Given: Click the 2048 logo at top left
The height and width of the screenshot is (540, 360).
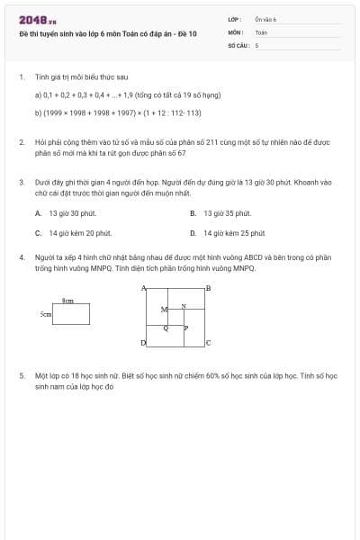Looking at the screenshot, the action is point(37,20).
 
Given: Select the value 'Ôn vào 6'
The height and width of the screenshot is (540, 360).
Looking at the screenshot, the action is point(266,19).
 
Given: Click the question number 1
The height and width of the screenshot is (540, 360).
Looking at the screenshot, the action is point(21,77).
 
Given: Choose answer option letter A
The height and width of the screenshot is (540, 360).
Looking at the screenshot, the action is point(38,213).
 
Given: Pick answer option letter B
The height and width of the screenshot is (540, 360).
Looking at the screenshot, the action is point(193,213).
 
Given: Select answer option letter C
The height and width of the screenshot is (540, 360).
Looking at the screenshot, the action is point(38,232).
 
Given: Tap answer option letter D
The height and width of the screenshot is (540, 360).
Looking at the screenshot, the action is point(193,232).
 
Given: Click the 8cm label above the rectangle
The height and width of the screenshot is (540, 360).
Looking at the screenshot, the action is point(67,300).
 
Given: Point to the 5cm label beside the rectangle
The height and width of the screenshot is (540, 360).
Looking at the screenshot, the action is point(46,315).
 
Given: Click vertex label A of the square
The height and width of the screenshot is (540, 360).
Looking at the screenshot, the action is point(144,288).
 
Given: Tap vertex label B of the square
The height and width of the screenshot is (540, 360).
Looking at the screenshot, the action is point(208,288).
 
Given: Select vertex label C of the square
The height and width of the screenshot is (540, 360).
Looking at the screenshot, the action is point(208,343).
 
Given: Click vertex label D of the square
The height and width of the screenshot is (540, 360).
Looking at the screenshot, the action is point(144,343).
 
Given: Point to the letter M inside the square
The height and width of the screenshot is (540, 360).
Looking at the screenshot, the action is point(163,310).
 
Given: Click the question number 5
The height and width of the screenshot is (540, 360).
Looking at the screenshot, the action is point(21,373).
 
